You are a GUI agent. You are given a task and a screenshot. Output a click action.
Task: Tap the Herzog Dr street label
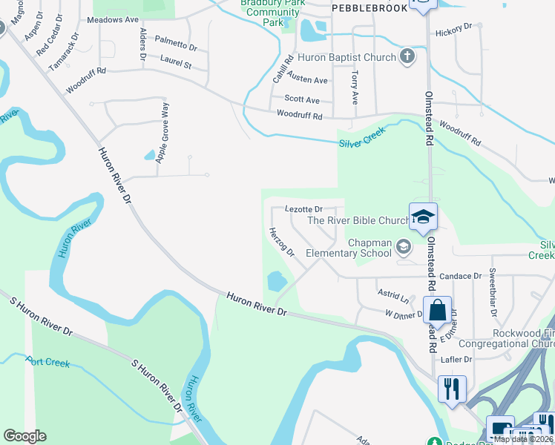[283, 242]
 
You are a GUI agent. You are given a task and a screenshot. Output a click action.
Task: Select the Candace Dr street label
[460, 276]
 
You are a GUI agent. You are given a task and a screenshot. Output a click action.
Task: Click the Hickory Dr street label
[453, 29]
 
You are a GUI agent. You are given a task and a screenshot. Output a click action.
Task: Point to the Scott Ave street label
[303, 99]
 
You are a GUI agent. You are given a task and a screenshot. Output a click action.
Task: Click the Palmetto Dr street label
[178, 46]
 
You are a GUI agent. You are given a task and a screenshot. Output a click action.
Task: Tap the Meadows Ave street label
[114, 20]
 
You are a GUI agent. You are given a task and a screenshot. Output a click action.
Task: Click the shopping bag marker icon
[438, 310]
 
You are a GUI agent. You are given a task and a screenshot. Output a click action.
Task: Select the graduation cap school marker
[422, 217]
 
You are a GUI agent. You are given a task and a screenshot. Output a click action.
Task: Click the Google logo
[24, 436]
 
